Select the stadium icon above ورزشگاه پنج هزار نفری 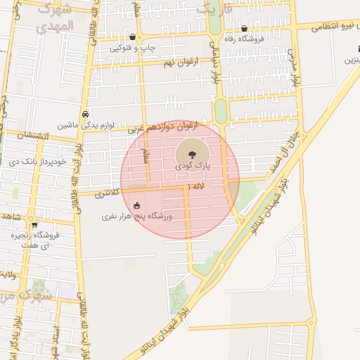click(x=136, y=205)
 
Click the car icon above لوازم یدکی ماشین click(x=85, y=114)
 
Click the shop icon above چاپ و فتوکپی click(x=133, y=37)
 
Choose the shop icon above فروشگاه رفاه click(x=244, y=30)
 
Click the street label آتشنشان click(x=30, y=134)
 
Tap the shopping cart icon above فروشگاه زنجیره click(x=34, y=225)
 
